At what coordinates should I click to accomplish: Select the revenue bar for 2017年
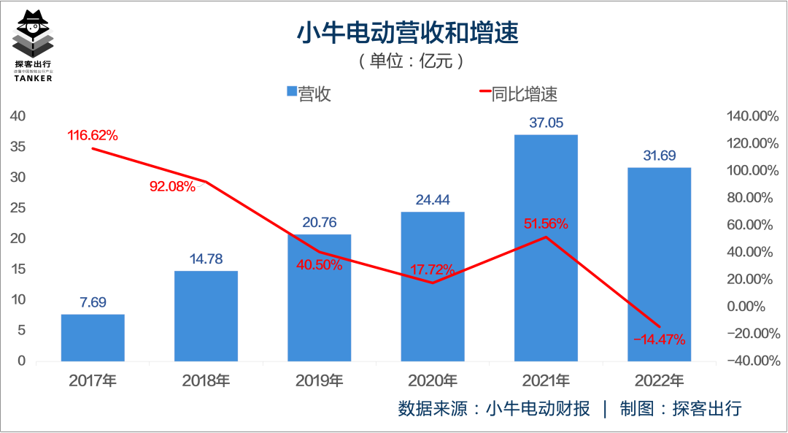[x=93, y=337]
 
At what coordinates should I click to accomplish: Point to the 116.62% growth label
[x=93, y=135]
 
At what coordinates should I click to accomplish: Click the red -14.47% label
[x=659, y=339]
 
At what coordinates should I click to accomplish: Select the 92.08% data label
[x=173, y=186]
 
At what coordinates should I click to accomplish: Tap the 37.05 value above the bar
[x=546, y=123]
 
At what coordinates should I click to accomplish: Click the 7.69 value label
[x=93, y=302]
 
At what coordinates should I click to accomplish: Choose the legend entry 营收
[x=309, y=93]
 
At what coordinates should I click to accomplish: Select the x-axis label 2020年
[x=432, y=380]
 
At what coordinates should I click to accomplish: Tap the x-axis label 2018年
[x=206, y=380]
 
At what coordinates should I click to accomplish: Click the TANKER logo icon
[x=34, y=37]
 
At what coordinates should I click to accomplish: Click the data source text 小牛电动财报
[x=538, y=408]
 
